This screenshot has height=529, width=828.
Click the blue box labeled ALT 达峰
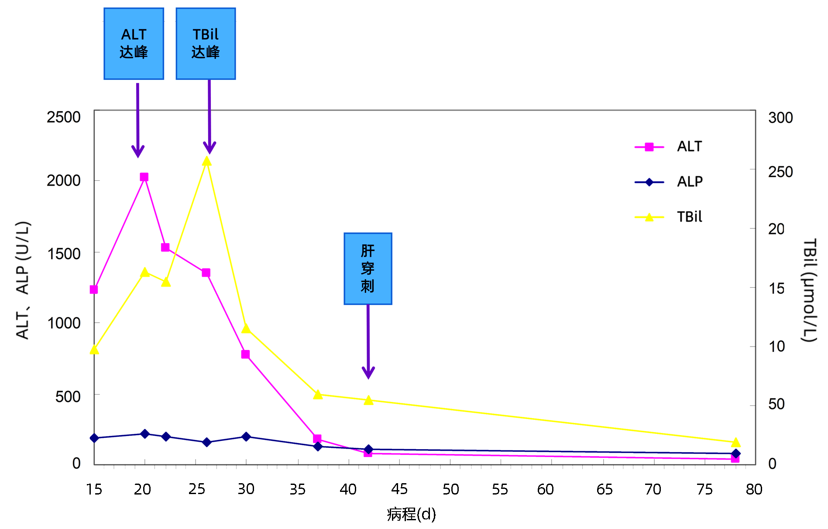coord(134,44)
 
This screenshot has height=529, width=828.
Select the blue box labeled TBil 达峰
coord(206,44)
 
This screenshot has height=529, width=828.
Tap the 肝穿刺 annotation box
coord(368,268)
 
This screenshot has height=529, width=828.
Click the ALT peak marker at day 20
coord(144,177)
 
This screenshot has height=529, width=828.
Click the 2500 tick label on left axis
coord(64,117)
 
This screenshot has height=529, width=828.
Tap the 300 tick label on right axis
coord(780,118)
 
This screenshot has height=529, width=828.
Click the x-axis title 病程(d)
coord(411,515)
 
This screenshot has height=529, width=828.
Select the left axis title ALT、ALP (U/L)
coord(23,280)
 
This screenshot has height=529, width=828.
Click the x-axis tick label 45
coord(399,489)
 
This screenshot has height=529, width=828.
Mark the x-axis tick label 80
coord(754,489)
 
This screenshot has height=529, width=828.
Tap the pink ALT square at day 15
coord(94,290)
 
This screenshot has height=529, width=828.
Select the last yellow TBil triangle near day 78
coord(735,443)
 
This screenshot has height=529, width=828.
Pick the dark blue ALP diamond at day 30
coord(246,436)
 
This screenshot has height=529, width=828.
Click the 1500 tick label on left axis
coord(64,254)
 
